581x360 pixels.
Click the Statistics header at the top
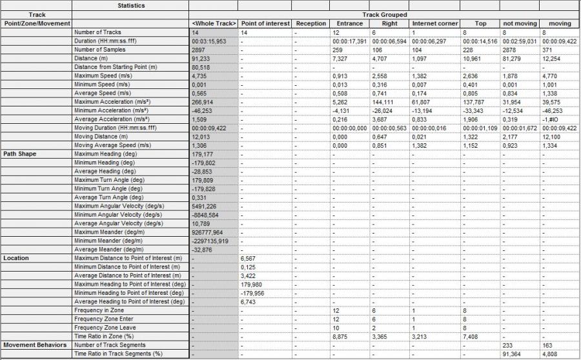[130, 5]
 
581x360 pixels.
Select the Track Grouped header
[384, 14]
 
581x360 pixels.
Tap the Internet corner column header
[435, 23]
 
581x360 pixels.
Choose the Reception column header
[311, 23]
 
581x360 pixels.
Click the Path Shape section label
[21, 154]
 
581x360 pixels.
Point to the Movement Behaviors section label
[35, 345]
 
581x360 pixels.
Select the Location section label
[16, 258]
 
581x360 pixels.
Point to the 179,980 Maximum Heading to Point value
[251, 284]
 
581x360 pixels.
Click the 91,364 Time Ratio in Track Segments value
[512, 354]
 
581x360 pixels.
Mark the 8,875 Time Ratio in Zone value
[340, 336]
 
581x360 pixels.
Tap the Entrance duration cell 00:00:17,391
[349, 40]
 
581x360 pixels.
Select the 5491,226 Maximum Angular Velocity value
[205, 206]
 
